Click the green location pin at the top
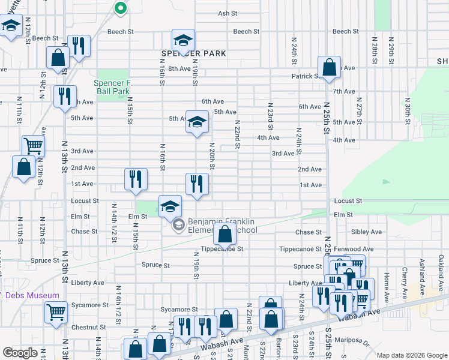pyautogui.click(x=120, y=8)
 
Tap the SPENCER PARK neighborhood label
pyautogui.click(x=193, y=53)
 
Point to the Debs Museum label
pyautogui.click(x=31, y=295)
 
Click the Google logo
pyautogui.click(x=20, y=353)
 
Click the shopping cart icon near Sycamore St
pyautogui.click(x=56, y=311)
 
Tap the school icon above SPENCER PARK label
pyautogui.click(x=184, y=40)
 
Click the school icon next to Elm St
pyautogui.click(x=170, y=206)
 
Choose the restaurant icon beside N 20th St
pyautogui.click(x=197, y=184)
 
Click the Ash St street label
pyautogui.click(x=228, y=13)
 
